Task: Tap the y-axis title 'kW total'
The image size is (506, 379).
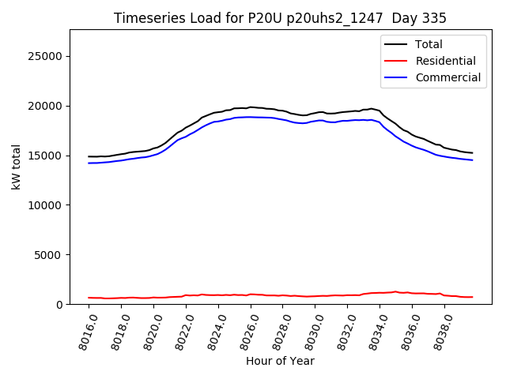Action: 17,167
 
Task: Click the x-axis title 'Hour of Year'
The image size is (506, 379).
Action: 280,361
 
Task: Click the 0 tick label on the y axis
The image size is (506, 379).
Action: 59,304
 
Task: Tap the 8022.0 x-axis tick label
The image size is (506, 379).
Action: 183,330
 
